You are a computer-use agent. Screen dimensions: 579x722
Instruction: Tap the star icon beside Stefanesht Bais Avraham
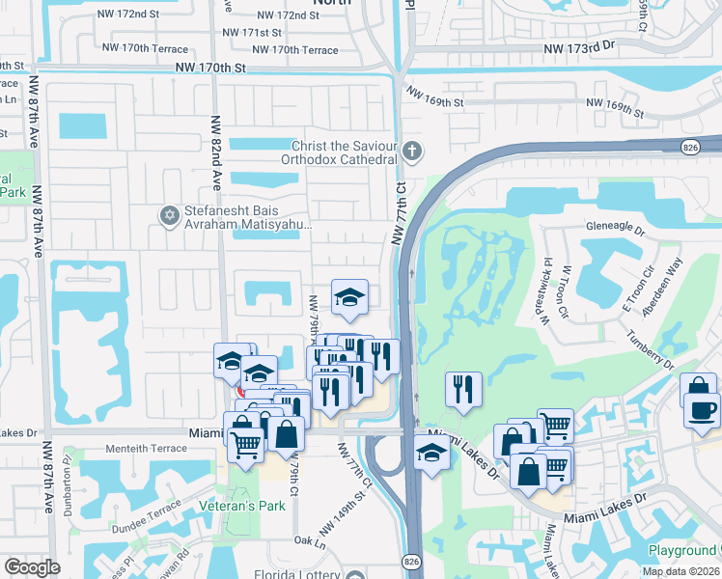click(x=171, y=214)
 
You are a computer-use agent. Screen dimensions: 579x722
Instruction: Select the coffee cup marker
click(x=702, y=410)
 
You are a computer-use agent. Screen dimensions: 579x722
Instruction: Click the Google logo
click(x=33, y=567)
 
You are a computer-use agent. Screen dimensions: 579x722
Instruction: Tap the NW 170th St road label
click(x=212, y=69)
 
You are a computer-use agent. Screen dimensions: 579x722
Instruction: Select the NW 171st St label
click(x=268, y=32)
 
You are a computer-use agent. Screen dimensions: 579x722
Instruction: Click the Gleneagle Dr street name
click(x=614, y=227)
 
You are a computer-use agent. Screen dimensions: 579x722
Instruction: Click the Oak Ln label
click(x=309, y=540)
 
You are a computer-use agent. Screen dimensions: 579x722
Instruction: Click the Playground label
click(x=680, y=551)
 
